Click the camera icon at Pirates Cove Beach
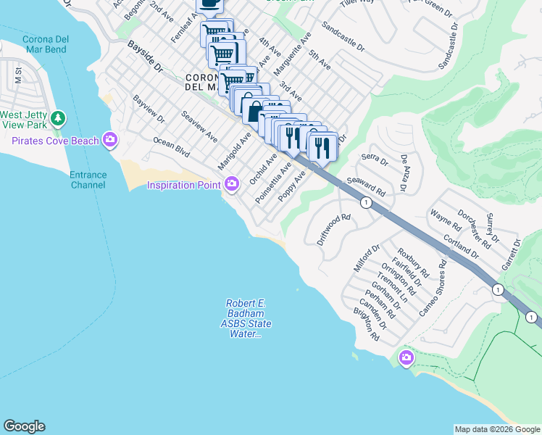tap(109, 138)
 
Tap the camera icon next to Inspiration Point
tap(232, 184)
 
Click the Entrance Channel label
tap(88, 180)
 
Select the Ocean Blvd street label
tap(171, 146)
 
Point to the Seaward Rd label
tap(366, 186)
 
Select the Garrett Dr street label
tap(512, 254)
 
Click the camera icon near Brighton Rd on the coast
tap(406, 357)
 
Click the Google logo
tap(24, 426)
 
